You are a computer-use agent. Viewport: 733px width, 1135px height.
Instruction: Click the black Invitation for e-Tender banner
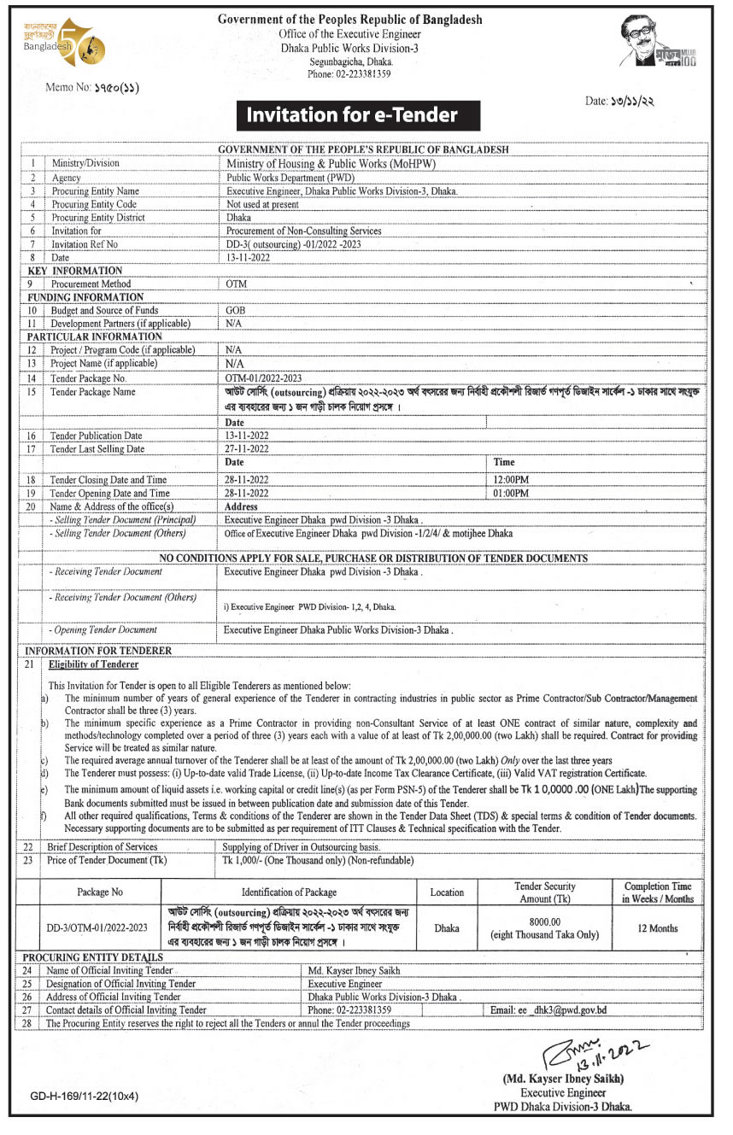[x=352, y=114]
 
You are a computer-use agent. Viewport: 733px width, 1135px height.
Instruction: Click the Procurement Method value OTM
[x=236, y=284]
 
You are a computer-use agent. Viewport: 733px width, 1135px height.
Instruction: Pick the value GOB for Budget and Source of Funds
[x=236, y=311]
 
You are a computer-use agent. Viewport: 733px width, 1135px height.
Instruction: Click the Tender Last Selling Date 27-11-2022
[x=247, y=448]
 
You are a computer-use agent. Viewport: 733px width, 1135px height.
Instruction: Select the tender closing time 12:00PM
[x=512, y=481]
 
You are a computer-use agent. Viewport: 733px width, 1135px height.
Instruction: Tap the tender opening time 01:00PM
[x=512, y=494]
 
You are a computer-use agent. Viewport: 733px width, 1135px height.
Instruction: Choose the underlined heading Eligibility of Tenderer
[x=93, y=664]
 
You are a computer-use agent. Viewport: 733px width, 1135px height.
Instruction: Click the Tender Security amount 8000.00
[x=544, y=921]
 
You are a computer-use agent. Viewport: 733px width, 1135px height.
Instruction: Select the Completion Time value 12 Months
[x=658, y=927]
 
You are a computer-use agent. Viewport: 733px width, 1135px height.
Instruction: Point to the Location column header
[x=447, y=892]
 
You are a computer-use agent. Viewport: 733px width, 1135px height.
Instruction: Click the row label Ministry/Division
[x=85, y=162]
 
